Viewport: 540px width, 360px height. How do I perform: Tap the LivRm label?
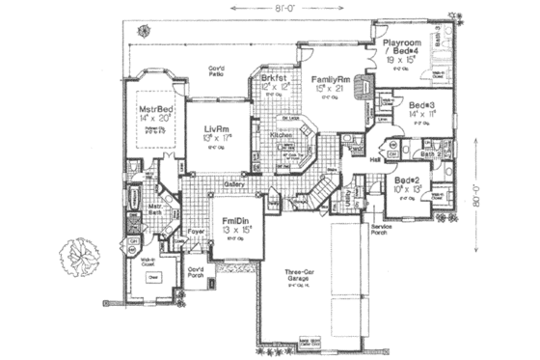(216, 127)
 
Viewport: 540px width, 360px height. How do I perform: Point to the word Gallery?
(234, 182)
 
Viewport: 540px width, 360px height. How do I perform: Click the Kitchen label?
(281, 135)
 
